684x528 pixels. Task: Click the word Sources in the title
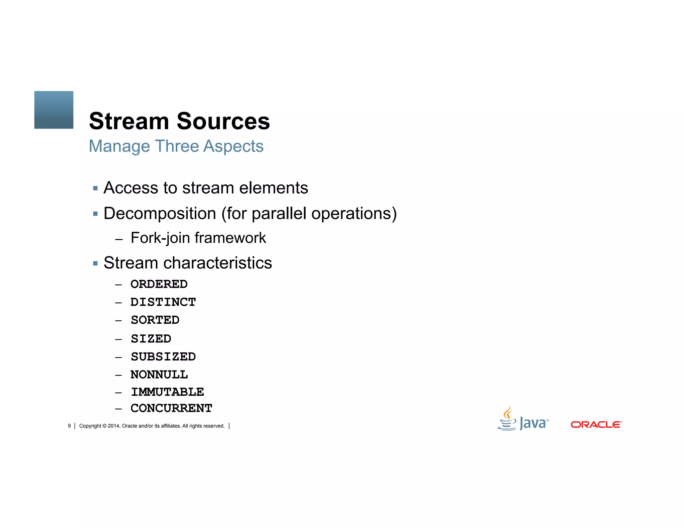pos(223,121)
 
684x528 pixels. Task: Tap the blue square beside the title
pos(54,110)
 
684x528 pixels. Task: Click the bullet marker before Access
pos(96,189)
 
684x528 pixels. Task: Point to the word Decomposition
pos(160,214)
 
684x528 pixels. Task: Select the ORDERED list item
pos(159,284)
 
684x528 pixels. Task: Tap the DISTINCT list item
pos(163,302)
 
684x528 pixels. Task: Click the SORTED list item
pos(155,320)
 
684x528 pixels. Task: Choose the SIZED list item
pos(151,339)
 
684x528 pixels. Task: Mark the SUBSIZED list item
pos(163,357)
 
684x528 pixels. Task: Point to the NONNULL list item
pos(159,375)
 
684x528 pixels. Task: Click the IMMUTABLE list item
pos(167,392)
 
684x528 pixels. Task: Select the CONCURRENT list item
pos(171,409)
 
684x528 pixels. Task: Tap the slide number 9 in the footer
pos(69,426)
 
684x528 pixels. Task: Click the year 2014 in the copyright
pos(114,426)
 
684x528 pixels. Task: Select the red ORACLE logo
pos(596,425)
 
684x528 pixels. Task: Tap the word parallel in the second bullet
pos(279,214)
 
